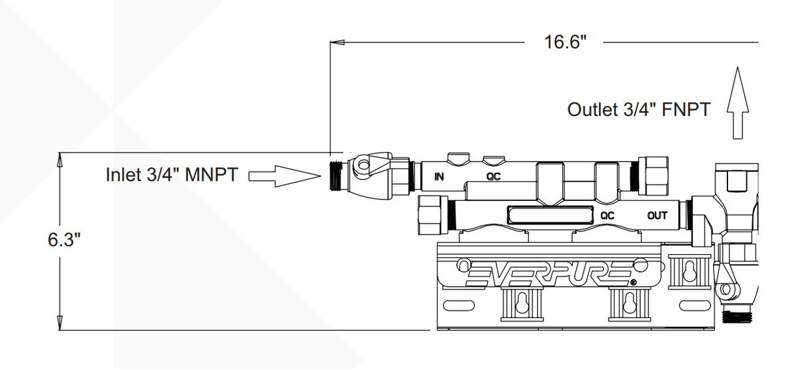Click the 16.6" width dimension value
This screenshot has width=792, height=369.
[x=565, y=42]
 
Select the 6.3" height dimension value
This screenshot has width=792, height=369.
[x=63, y=239]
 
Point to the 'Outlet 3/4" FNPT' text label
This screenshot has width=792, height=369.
[x=638, y=109]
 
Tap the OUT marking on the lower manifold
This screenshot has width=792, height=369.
[x=657, y=215]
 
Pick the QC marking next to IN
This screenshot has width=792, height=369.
[x=493, y=176]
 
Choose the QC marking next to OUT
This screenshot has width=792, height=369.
[x=607, y=215]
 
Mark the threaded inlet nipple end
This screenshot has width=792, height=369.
[x=337, y=175]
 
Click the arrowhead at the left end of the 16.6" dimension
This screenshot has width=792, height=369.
[x=337, y=43]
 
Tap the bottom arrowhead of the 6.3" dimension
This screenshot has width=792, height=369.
[x=60, y=323]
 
